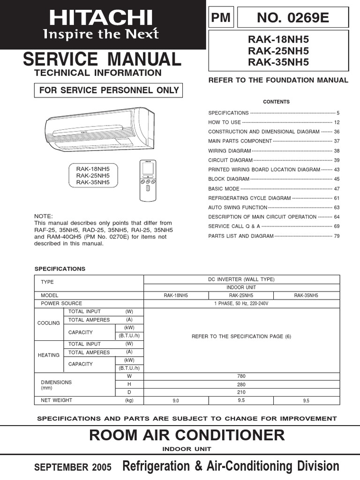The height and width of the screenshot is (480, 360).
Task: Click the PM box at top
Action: (221, 18)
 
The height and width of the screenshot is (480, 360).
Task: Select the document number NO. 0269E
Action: (293, 18)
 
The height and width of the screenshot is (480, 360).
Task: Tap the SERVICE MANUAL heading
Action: (102, 60)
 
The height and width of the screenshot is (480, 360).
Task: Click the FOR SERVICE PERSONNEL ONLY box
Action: (109, 90)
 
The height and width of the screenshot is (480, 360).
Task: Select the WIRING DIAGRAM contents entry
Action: (230, 151)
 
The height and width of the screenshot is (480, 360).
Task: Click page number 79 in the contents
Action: (336, 236)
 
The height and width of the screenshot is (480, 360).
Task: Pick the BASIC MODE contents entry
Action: (224, 188)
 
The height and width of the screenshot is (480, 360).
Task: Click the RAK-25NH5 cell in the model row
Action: (241, 296)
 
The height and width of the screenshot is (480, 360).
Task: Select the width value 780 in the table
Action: (241, 376)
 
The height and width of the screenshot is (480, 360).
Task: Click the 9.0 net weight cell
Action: (176, 401)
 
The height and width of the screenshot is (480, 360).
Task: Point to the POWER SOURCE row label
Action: (61, 303)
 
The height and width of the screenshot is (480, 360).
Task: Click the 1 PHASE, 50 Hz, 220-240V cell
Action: (241, 303)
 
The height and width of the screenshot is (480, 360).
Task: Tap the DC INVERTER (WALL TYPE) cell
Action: (241, 279)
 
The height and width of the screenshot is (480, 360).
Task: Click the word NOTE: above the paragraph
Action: (43, 216)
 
